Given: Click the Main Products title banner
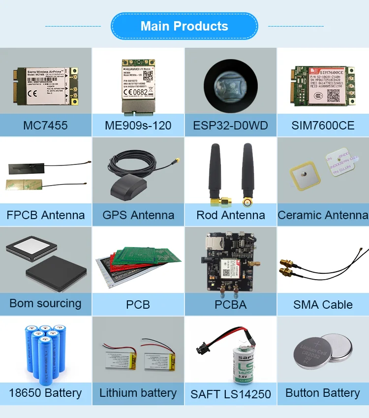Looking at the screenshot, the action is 184,26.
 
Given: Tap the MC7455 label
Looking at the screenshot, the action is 45,126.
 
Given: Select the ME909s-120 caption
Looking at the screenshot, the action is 138,126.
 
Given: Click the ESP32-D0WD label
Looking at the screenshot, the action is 230,126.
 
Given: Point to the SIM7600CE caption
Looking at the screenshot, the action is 323,126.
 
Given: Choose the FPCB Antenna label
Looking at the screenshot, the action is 45,215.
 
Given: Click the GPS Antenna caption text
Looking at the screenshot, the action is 138,215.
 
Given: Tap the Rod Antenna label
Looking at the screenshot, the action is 230,215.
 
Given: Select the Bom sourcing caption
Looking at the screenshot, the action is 45,303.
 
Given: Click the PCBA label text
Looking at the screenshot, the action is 230,304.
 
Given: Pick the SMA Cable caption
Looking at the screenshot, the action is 323,304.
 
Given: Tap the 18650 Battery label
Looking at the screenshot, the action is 45,393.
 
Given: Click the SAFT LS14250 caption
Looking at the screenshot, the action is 230,394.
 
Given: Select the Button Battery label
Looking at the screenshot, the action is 323,393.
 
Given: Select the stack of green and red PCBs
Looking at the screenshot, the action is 138,266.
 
